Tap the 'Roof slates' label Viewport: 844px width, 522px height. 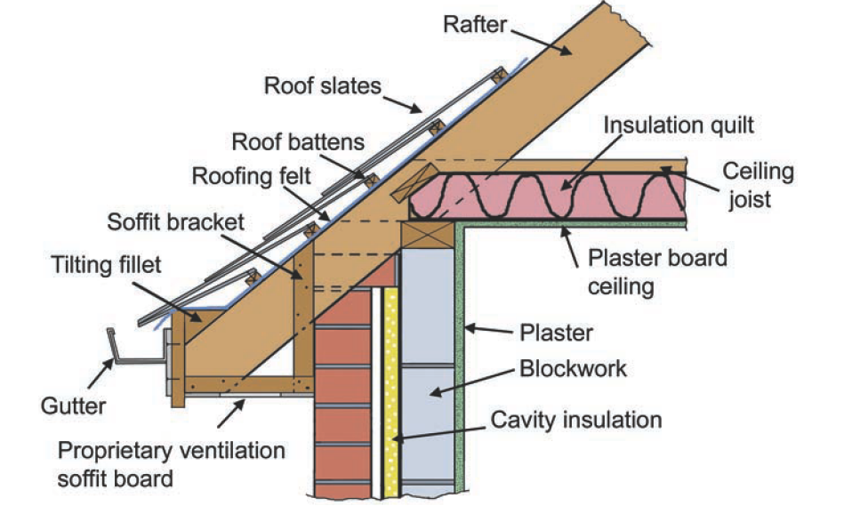coord(322,86)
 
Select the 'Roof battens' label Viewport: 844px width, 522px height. coord(285,142)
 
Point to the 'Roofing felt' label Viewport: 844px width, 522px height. coord(253,177)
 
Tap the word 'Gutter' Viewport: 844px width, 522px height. coord(73,406)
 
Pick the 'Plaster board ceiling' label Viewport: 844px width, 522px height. coord(657,273)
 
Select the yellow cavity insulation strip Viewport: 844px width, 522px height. coord(390,391)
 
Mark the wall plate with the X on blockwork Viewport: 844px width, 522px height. coord(422,236)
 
